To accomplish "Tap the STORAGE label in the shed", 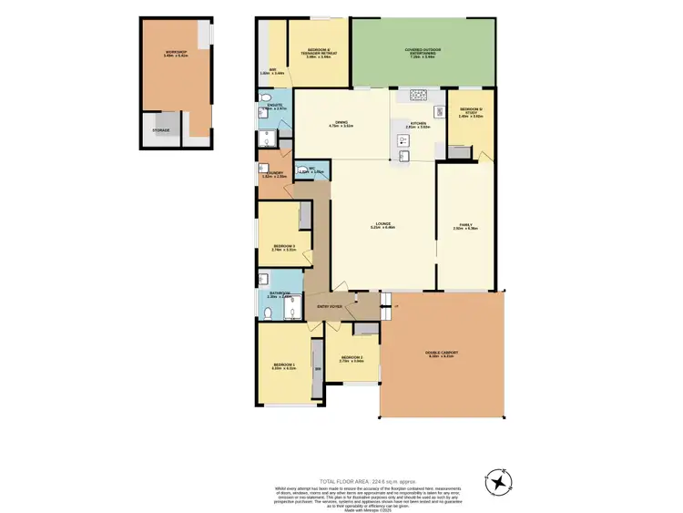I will pos(160,130).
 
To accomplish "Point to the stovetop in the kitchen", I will pos(419,94).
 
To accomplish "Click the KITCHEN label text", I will pos(417,125).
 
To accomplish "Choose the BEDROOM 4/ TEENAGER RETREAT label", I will pos(318,54).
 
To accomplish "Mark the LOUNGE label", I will pos(382,225).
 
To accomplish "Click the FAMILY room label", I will pos(465,225).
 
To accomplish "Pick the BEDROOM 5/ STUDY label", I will pos(470,114).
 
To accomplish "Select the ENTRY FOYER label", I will pos(329,307).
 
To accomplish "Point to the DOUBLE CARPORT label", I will pos(441,354).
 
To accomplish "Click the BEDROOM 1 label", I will pos(285,366).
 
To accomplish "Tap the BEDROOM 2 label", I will pos(352,359).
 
